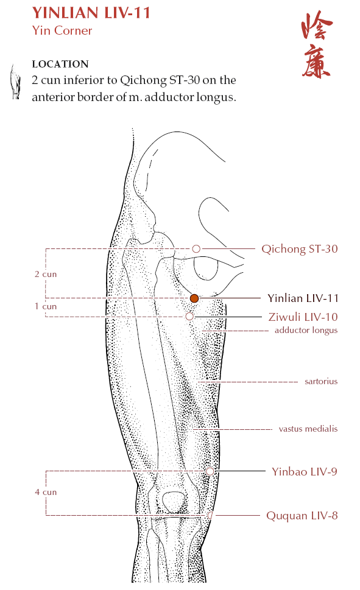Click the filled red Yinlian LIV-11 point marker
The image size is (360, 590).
tap(194, 298)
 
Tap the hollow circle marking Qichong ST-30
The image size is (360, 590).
tap(196, 248)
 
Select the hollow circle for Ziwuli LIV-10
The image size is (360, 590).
tap(190, 317)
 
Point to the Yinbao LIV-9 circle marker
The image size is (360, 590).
tap(210, 471)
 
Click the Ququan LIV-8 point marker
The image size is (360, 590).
tap(210, 515)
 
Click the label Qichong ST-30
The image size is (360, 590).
tap(299, 249)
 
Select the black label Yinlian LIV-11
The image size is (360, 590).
tap(303, 298)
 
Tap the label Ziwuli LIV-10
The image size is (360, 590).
tap(303, 317)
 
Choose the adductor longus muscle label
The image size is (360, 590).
tap(306, 331)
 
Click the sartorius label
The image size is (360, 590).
tap(321, 381)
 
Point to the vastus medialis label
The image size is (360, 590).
tap(308, 429)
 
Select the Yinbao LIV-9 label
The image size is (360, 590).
tap(305, 471)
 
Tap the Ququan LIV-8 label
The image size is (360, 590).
tap(302, 516)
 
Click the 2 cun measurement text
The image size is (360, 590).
tap(46, 274)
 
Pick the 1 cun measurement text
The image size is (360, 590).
tap(46, 306)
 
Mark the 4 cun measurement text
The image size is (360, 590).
tap(46, 492)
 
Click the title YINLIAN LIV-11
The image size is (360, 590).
tap(91, 13)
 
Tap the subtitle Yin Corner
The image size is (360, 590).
tap(62, 30)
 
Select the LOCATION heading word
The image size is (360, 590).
tap(60, 64)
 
